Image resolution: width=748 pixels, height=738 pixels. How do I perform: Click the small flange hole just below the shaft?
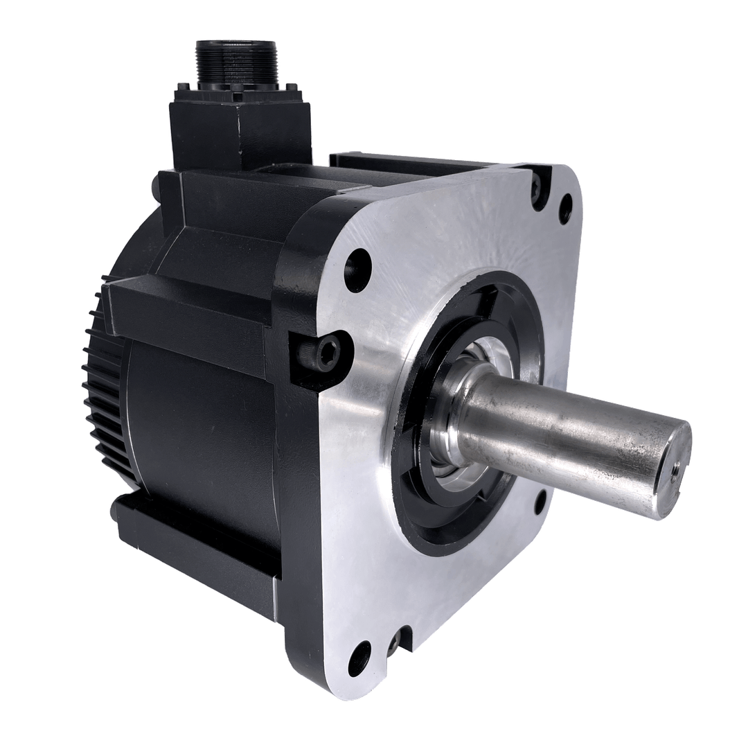coord(541,502)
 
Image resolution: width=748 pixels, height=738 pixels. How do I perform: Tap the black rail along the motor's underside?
coord(194,547)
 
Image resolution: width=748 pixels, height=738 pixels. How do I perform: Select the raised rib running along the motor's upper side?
coord(187,312)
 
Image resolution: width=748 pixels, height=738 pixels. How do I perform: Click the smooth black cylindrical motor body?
coord(201,430)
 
